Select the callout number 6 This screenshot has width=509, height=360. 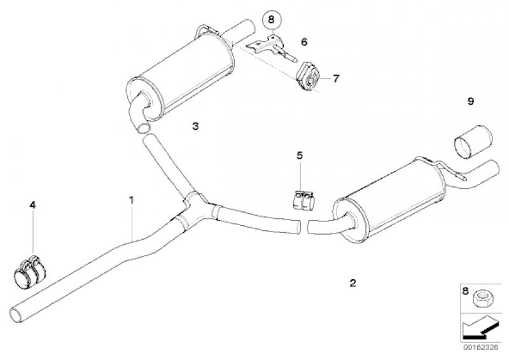coord(304,42)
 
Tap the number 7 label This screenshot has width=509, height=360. coord(336,78)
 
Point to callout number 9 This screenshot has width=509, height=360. coord(471,101)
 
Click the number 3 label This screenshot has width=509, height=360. coord(195,126)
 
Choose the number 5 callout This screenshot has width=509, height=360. coord(299,155)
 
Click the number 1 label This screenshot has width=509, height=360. coord(131,200)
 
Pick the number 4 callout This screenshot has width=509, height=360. coord(32,205)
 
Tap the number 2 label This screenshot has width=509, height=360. coord(353,283)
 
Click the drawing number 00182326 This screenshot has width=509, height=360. coord(480,347)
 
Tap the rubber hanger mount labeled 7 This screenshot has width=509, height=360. coord(308,76)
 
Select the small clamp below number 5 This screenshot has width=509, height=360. coord(303,200)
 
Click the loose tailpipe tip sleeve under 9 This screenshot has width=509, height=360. coord(473,141)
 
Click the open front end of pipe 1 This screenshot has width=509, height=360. coord(17,314)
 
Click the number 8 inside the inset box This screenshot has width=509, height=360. coord(466,290)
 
